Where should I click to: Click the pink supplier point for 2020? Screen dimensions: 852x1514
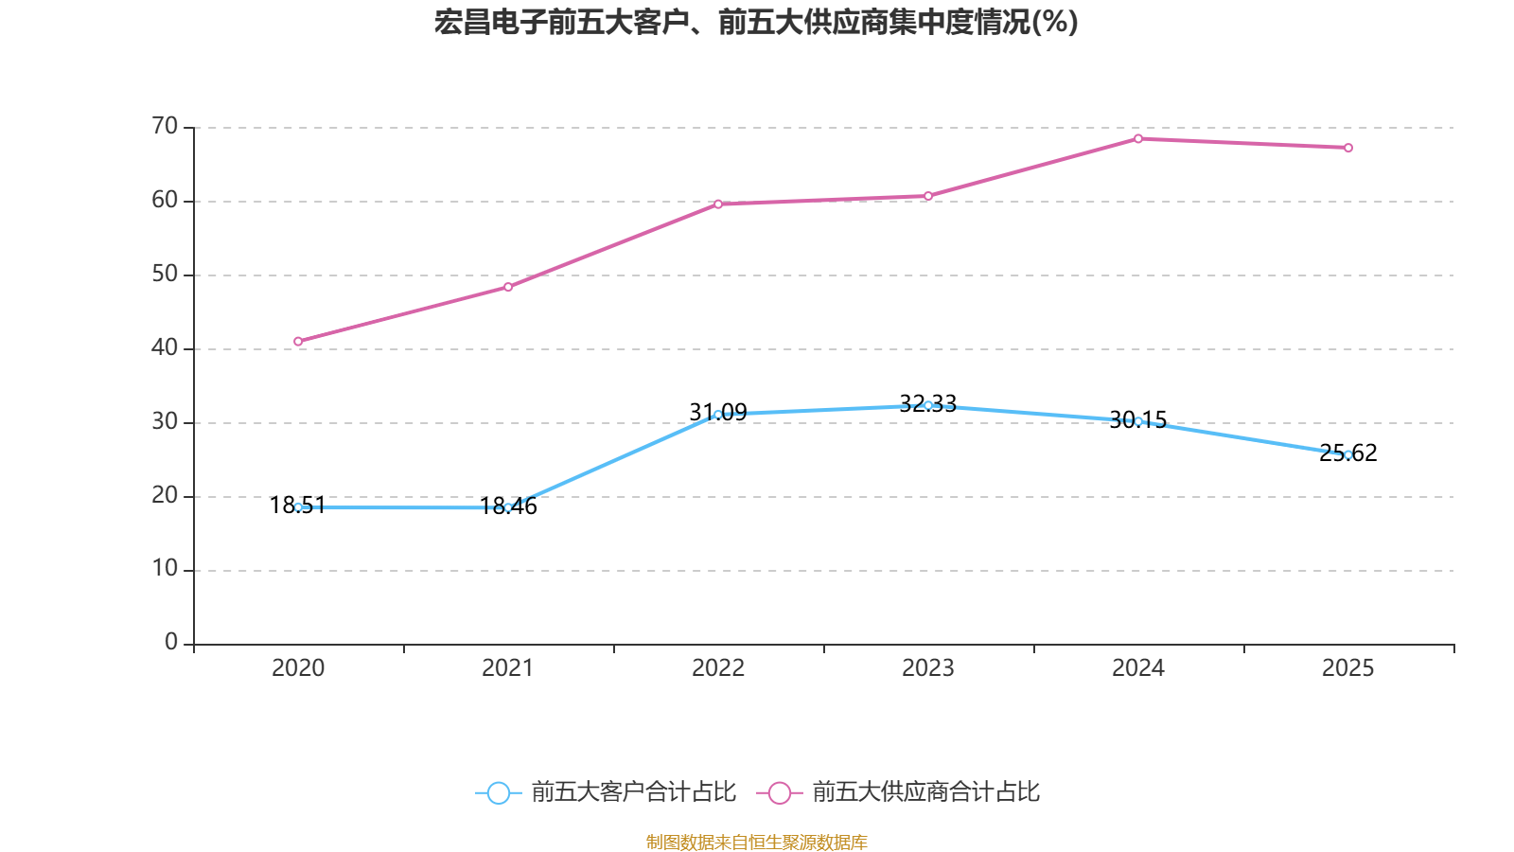pos(298,342)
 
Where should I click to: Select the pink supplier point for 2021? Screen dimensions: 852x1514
pos(508,287)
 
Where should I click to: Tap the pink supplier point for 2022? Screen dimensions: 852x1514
pos(718,204)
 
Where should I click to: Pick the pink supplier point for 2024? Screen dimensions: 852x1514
pos(1138,139)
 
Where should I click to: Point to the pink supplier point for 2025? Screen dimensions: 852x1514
pos(1348,148)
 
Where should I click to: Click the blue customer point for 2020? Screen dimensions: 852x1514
pos(298,507)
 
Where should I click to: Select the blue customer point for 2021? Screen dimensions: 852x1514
pos(508,507)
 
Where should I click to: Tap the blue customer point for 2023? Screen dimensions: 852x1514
pos(928,405)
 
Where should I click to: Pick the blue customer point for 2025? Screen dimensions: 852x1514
pos(1348,454)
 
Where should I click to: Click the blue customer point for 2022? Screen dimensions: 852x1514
pos(718,415)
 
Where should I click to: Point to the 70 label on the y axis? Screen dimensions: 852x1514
pos(165,126)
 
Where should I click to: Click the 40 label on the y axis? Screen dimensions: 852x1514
pos(165,347)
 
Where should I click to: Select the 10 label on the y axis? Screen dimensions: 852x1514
pos(165,569)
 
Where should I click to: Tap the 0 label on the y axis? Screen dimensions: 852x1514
pos(171,643)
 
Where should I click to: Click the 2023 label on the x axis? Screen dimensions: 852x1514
pos(928,668)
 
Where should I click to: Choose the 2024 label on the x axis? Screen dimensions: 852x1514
pos(1138,668)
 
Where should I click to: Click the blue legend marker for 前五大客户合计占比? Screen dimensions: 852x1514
pos(498,792)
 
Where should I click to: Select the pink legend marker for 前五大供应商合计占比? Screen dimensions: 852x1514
pos(779,792)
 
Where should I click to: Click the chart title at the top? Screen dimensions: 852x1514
pos(756,22)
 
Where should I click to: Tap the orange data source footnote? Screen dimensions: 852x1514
pos(756,842)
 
